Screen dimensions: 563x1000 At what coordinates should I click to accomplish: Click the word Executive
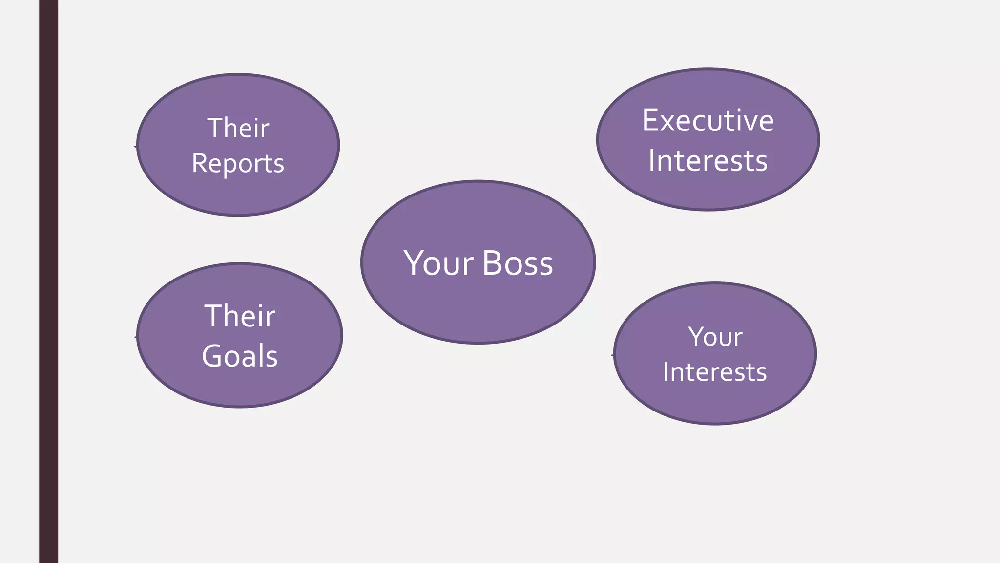pos(708,121)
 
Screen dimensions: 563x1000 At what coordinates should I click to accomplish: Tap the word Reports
pos(238,164)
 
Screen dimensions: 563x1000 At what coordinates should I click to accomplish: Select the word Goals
pos(240,356)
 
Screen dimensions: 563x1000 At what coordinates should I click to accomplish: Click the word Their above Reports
pos(238,128)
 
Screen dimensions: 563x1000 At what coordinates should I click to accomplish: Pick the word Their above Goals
pos(240,316)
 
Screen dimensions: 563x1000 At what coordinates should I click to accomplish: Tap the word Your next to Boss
pos(438,263)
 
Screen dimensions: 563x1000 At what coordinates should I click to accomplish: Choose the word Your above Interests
pos(715,337)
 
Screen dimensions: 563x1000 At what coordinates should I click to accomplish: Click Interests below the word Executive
pos(708,161)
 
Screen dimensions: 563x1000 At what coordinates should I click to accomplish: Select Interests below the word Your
pos(715,372)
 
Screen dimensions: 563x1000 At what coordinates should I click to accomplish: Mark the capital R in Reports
pos(200,163)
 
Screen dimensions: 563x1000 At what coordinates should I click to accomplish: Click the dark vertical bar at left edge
pos(48,281)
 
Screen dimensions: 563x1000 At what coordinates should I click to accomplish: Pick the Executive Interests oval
pos(708,191)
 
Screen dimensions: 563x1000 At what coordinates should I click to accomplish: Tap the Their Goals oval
pos(240,386)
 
